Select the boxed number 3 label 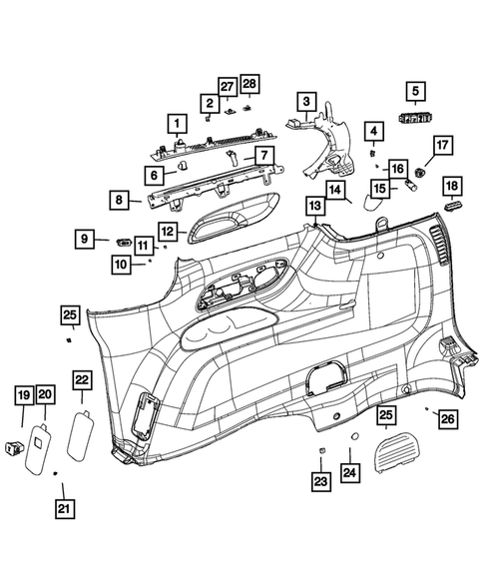click(305, 101)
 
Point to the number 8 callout click(121, 200)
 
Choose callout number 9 click(87, 239)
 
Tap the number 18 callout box click(452, 187)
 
